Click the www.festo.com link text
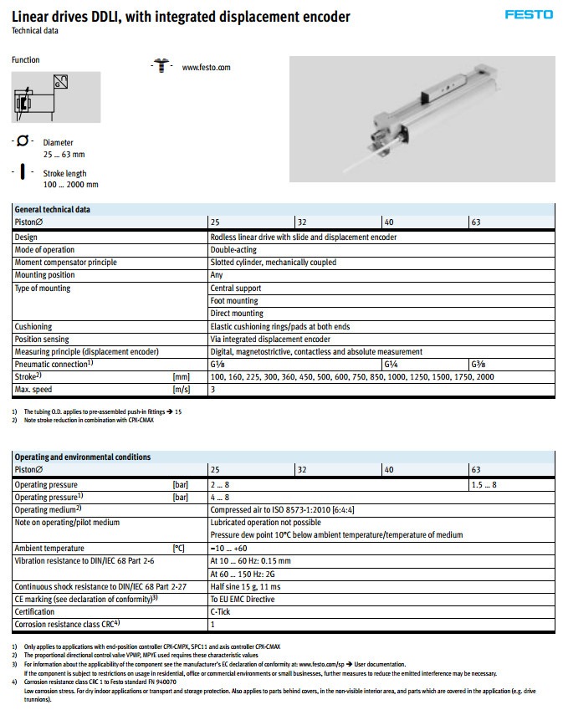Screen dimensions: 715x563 click(x=206, y=67)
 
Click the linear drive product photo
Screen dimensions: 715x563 click(x=422, y=119)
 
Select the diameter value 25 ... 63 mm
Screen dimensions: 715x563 click(x=64, y=155)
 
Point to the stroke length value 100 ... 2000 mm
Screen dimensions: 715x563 click(x=70, y=185)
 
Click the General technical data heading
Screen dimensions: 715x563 click(x=53, y=209)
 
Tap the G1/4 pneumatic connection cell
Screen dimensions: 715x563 click(x=391, y=365)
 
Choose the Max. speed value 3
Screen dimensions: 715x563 click(x=212, y=390)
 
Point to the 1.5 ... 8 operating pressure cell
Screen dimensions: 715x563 click(x=484, y=485)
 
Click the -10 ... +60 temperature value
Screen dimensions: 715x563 click(x=228, y=548)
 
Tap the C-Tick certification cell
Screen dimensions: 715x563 click(x=222, y=611)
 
